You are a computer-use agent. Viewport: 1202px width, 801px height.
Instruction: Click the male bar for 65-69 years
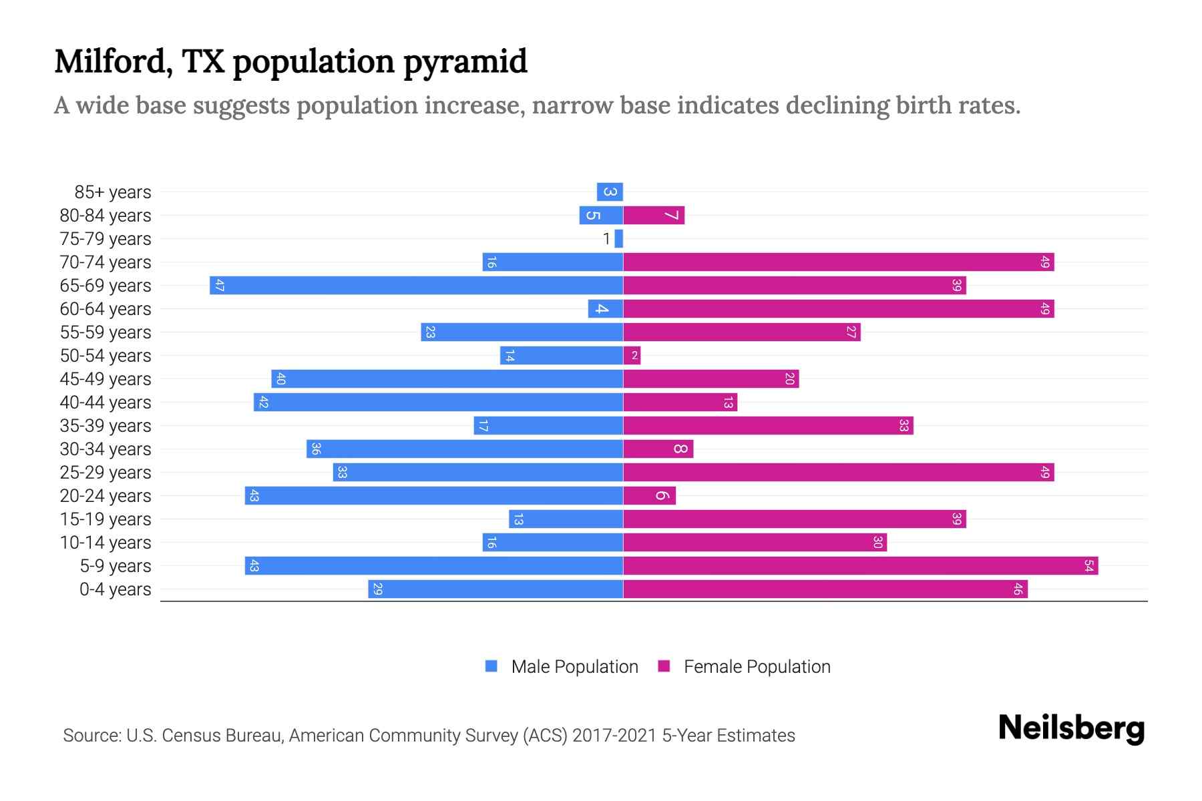click(416, 286)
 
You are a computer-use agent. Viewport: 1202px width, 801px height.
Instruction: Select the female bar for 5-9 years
click(860, 566)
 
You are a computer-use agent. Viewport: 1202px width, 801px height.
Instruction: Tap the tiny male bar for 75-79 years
click(619, 239)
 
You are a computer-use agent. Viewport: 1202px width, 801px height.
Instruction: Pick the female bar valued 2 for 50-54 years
click(632, 356)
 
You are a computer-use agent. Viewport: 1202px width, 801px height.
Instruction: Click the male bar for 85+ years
click(610, 192)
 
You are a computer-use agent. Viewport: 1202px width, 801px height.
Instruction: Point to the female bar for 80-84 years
click(654, 216)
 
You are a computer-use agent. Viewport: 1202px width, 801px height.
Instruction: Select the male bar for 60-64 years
click(605, 309)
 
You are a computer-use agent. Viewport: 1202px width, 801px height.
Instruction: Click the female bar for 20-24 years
click(649, 496)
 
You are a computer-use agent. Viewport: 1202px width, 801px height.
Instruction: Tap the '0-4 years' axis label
click(115, 589)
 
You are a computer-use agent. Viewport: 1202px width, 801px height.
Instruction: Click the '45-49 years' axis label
click(106, 379)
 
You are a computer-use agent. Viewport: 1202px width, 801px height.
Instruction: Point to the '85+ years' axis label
click(113, 192)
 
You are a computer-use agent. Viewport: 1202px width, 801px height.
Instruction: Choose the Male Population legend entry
click(562, 667)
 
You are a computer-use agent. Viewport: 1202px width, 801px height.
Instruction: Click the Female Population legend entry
click(745, 667)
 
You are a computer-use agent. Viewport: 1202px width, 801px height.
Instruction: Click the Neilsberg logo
click(1071, 728)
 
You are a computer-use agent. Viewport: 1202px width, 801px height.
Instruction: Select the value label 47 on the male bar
click(219, 286)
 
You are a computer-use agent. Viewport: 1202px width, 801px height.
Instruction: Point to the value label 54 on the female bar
click(1088, 566)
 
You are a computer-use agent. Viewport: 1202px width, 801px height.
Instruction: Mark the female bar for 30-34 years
click(658, 449)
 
